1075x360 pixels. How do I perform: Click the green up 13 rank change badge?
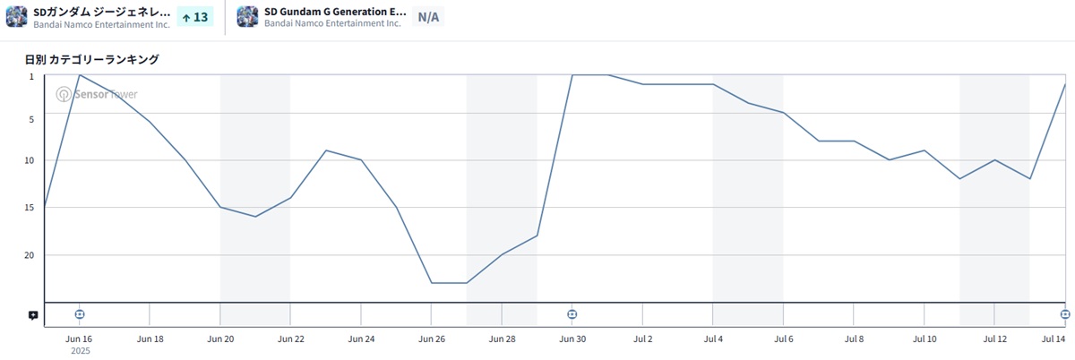click(x=194, y=16)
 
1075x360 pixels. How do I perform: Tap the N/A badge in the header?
click(x=428, y=16)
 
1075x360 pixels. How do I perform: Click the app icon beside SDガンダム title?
click(x=17, y=16)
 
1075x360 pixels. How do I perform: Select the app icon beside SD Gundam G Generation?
click(x=247, y=16)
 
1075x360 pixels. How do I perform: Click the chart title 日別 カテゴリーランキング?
click(x=91, y=59)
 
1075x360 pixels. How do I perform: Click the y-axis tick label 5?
click(x=31, y=119)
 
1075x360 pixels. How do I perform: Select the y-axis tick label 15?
click(x=30, y=208)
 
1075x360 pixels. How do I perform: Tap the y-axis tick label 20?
click(x=30, y=255)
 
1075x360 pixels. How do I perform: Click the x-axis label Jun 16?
click(x=79, y=339)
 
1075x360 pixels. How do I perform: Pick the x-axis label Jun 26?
click(x=431, y=339)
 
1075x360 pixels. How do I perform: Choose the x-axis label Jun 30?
click(x=572, y=339)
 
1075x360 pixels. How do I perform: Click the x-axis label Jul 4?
click(x=713, y=339)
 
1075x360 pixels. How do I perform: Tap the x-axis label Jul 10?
click(x=924, y=339)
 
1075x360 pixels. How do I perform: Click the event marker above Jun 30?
click(x=572, y=314)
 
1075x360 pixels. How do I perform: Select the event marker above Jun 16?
click(x=79, y=314)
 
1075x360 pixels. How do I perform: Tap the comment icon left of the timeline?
click(x=33, y=315)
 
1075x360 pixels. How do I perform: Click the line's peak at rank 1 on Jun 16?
click(x=80, y=75)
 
